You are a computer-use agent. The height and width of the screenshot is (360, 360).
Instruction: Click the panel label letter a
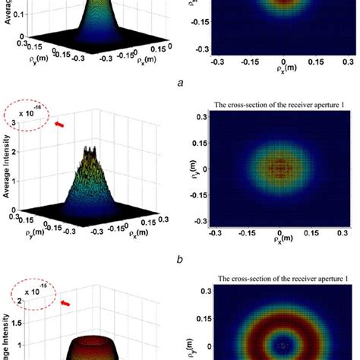180,88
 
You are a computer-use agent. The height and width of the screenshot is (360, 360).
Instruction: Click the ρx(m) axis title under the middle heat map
283,247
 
